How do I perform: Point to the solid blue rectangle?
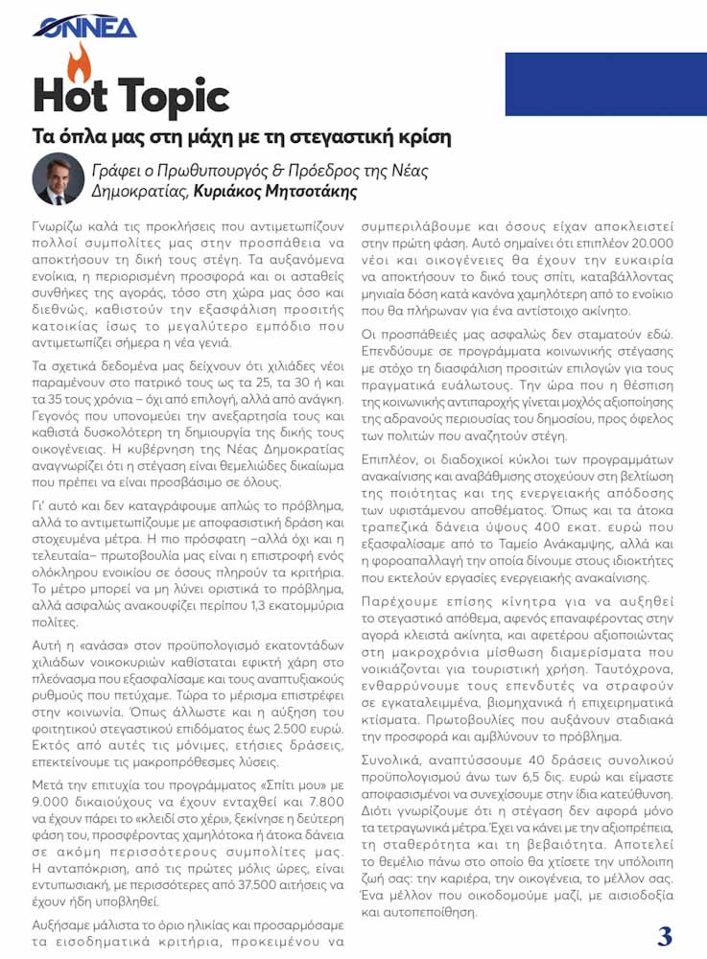tap(605, 83)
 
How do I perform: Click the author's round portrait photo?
tap(59, 178)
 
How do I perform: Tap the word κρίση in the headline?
tap(419, 137)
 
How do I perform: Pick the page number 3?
tap(664, 935)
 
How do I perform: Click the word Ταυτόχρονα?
tap(635, 670)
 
